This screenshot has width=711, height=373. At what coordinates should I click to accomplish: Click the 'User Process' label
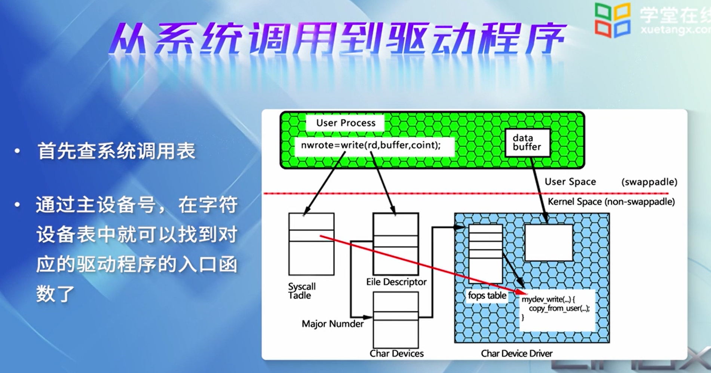coord(346,123)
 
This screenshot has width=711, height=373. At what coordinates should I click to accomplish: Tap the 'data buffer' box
coord(527,143)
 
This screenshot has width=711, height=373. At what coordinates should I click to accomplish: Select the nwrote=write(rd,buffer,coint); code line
coord(371,145)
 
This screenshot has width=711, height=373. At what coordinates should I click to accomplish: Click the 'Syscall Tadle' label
coord(301,291)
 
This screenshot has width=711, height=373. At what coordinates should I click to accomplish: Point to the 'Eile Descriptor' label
coord(396,282)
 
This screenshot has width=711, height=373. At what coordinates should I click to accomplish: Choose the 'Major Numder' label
coord(332,324)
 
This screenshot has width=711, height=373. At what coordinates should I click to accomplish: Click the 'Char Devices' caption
coord(396,354)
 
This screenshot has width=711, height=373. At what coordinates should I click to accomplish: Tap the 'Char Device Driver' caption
coord(517,354)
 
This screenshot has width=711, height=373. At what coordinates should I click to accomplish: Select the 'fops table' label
coord(487,296)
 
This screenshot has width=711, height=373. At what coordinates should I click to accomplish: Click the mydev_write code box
coord(557,310)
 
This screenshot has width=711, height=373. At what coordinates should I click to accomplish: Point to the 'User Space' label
coord(570,182)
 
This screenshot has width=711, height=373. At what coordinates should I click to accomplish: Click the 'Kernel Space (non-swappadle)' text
coord(611,202)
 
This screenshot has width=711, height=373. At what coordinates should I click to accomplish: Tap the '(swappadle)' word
coord(649,182)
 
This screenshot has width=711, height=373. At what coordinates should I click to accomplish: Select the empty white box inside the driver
coord(549,242)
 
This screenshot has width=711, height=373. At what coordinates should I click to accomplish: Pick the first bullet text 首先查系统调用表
coord(116,152)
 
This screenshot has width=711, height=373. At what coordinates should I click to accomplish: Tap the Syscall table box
coord(311,244)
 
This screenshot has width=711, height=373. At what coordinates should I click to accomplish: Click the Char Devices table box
coord(396,320)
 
